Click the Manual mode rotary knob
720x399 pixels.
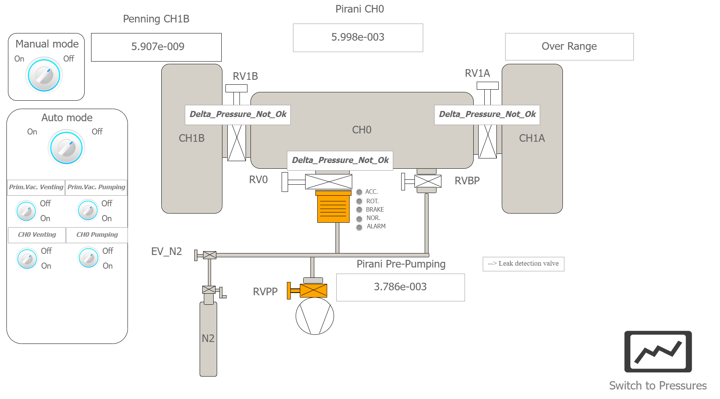tap(44, 75)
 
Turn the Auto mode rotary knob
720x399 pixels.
tap(66, 148)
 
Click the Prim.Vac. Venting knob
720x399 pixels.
tap(26, 211)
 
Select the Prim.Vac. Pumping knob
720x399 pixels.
tap(88, 210)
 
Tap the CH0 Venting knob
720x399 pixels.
tap(27, 259)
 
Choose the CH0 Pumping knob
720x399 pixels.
tap(88, 258)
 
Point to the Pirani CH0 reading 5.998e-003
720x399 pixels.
tap(358, 38)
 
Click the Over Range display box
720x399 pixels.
tap(569, 47)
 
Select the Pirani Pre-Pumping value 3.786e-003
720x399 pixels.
tap(400, 287)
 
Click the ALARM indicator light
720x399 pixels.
tap(359, 227)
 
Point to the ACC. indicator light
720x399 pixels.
tap(359, 192)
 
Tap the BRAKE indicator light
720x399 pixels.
tap(359, 210)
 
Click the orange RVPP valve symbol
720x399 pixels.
tap(313, 291)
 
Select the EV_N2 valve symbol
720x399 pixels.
tap(210, 255)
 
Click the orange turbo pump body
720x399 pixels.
tap(333, 207)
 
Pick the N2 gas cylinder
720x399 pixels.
tap(208, 338)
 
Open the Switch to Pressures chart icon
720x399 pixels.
tap(658, 351)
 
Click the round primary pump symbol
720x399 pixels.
tap(315, 316)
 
